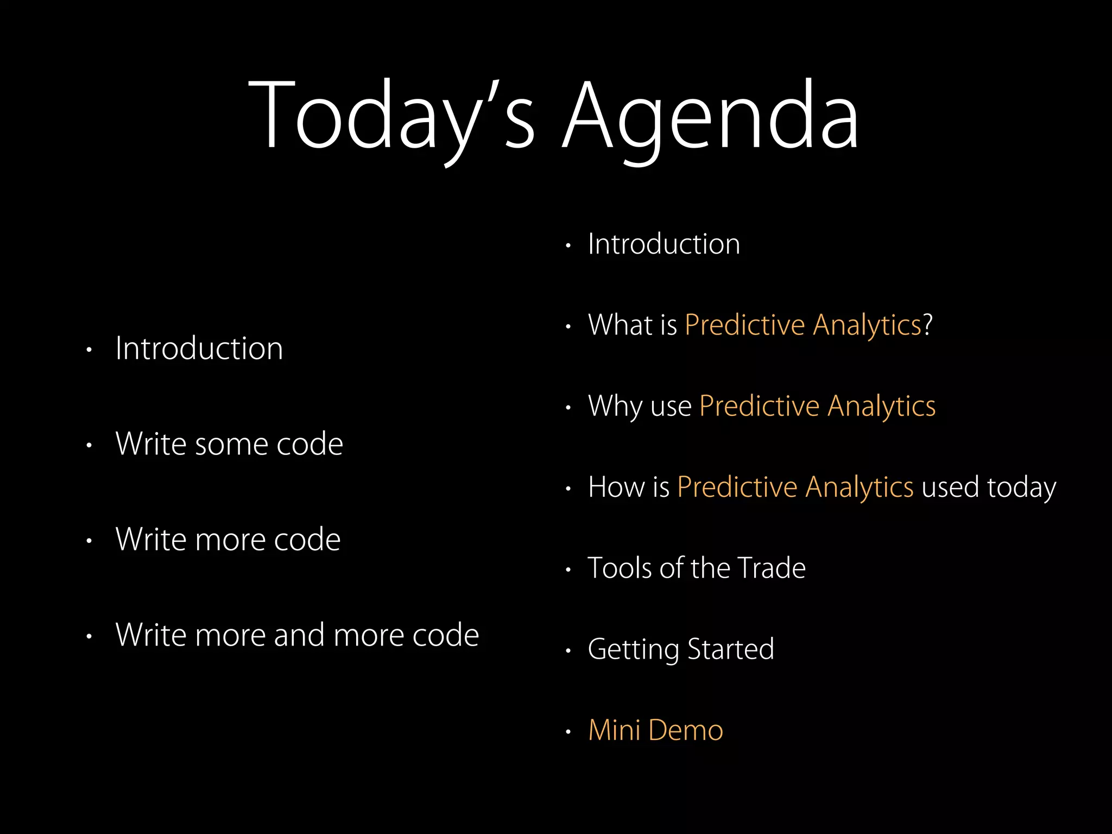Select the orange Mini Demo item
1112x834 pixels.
coord(655,730)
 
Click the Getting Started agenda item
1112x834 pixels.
coord(680,649)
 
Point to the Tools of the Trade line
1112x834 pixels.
coord(696,568)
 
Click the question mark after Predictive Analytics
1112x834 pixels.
coord(927,325)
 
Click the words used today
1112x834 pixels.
coord(989,487)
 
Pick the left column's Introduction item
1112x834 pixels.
coord(199,349)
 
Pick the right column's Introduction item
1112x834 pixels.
coord(664,244)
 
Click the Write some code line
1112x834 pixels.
coord(229,444)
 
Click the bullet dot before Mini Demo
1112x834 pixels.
coord(568,732)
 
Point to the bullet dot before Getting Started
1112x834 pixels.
coord(568,650)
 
